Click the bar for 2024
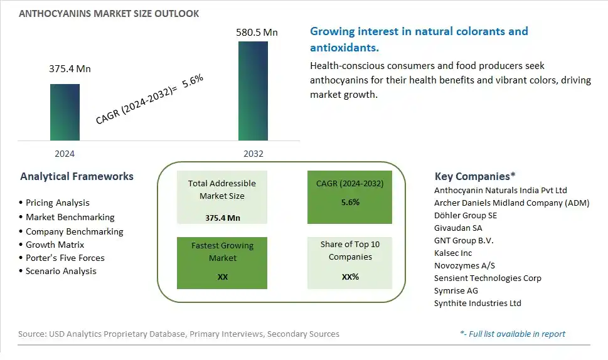(65, 112)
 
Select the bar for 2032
(253, 91)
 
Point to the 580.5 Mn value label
(257, 32)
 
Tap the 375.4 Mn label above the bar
(70, 68)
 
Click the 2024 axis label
(65, 154)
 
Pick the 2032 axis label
(253, 154)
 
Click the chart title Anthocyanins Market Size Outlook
(109, 14)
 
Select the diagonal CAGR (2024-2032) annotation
(150, 99)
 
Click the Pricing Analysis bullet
(55, 203)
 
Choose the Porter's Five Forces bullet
(61, 258)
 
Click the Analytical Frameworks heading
(77, 176)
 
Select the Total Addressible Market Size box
(222, 197)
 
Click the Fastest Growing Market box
(222, 263)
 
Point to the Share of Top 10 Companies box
(349, 263)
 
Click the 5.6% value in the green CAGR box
(350, 203)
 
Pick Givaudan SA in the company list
(458, 228)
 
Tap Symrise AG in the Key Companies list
(456, 290)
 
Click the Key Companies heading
(475, 176)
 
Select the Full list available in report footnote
(513, 334)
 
